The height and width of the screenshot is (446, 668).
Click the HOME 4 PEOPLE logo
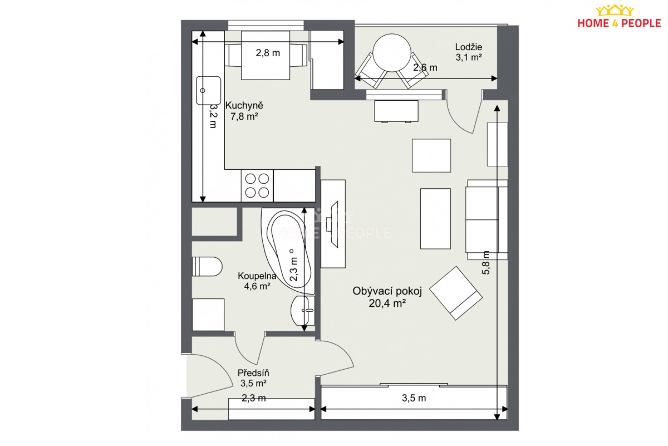619,17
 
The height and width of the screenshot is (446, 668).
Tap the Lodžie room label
469,47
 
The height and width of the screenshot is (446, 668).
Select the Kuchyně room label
244,105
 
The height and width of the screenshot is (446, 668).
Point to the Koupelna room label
257,276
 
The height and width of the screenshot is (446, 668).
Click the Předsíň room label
253,373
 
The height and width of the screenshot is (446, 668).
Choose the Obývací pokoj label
387,291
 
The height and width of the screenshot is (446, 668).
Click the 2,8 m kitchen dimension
268,53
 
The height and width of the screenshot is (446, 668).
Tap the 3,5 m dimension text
414,398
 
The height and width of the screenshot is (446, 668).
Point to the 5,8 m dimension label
486,262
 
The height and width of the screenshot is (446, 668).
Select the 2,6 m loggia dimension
425,68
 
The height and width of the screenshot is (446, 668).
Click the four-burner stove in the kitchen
257,185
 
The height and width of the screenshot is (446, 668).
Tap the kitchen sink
208,90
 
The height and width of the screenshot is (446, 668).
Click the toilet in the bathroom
207,266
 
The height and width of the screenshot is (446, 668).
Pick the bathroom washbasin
303,310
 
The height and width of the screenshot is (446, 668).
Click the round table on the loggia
392,52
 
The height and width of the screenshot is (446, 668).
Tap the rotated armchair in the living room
456,293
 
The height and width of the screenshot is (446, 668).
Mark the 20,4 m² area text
387,303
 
